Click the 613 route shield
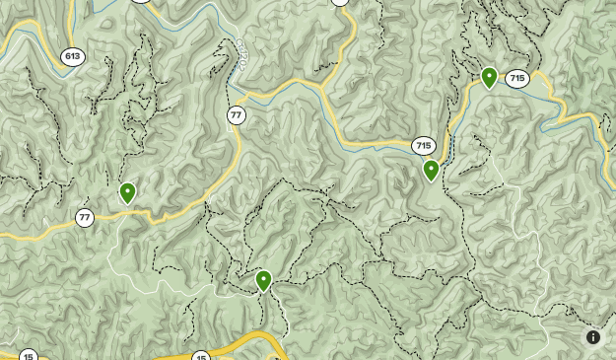pos(72,56)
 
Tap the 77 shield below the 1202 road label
pos(236,115)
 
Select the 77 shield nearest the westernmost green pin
pos(85,218)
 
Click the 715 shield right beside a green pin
pos(517,79)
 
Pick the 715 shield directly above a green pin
pos(424,146)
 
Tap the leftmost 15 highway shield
pos(29,356)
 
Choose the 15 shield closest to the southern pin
pos(201,356)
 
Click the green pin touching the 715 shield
pos(489,77)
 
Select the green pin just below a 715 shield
pos(431,170)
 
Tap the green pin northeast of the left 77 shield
pos(127,192)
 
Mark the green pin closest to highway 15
pos(263,280)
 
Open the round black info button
pos(593,337)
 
